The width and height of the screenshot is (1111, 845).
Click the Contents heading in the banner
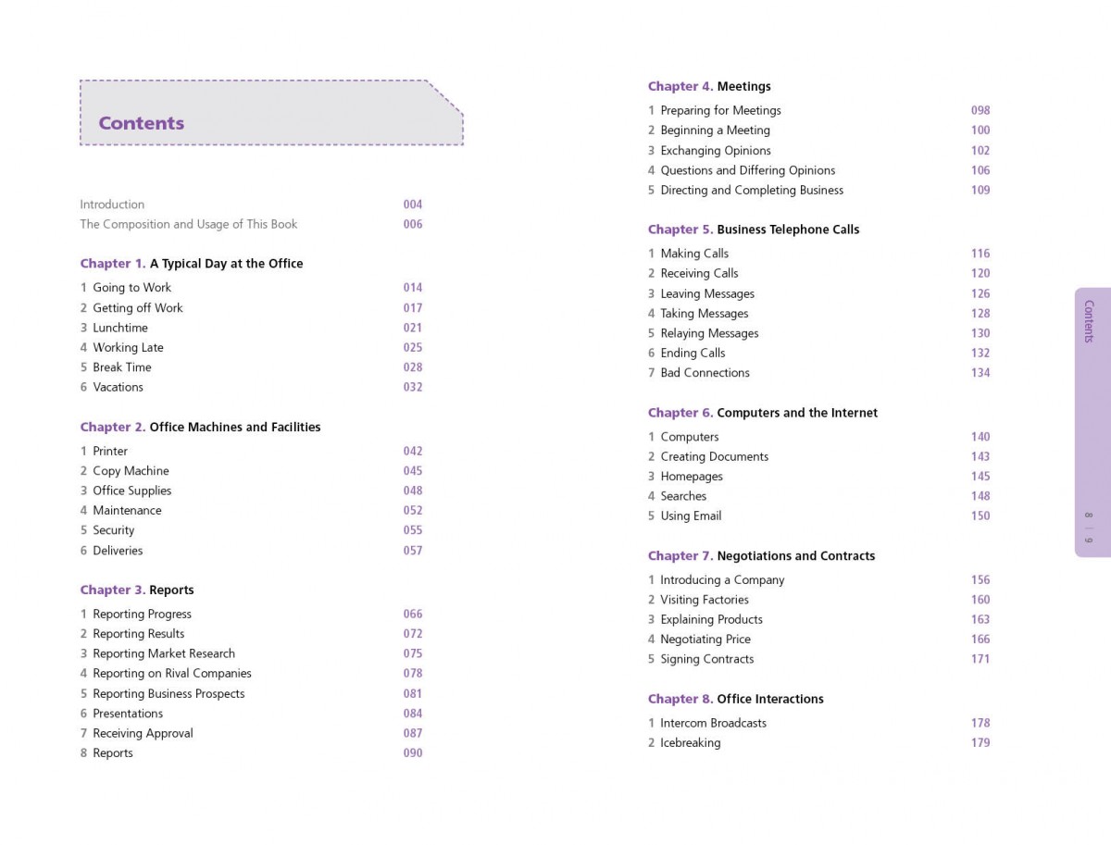[x=142, y=123]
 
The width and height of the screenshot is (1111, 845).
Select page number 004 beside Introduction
[x=413, y=205]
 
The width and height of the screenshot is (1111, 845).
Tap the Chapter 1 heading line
[x=192, y=264]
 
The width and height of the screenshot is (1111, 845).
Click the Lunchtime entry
[x=120, y=328]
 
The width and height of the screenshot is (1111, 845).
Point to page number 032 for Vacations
[x=413, y=387]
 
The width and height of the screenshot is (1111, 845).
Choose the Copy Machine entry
[x=131, y=471]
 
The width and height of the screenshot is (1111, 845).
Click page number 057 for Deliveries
[x=413, y=551]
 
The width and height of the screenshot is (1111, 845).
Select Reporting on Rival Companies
[x=171, y=674]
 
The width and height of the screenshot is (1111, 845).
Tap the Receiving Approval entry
[x=143, y=733]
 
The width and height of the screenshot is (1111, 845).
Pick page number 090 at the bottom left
[x=413, y=753]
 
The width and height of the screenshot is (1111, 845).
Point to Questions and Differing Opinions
[x=747, y=170]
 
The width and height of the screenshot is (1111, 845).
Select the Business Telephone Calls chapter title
[x=788, y=230]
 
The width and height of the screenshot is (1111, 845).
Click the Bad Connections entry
[x=705, y=373]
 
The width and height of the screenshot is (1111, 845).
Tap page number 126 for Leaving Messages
[x=980, y=293]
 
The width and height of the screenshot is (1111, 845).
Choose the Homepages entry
[x=692, y=477]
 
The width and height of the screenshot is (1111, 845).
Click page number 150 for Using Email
[x=980, y=516]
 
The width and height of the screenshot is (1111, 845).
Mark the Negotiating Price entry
[x=705, y=640]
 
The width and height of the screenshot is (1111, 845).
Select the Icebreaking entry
[x=690, y=743]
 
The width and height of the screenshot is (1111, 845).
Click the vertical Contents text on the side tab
[x=1089, y=321]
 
